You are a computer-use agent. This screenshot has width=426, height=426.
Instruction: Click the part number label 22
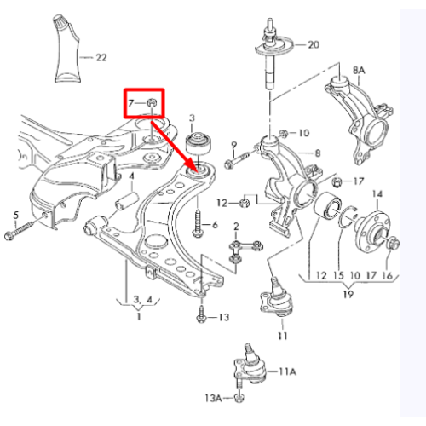pyautogui.click(x=101, y=58)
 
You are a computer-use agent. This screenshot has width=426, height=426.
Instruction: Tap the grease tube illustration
pyautogui.click(x=67, y=49)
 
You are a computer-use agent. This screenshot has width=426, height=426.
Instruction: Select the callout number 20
pyautogui.click(x=314, y=44)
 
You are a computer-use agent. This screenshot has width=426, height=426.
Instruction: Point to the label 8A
pyautogui.click(x=359, y=70)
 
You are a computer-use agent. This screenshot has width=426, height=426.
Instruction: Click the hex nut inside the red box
pyautogui.click(x=152, y=102)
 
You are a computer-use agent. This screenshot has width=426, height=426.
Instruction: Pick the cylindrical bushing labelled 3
pyautogui.click(x=199, y=144)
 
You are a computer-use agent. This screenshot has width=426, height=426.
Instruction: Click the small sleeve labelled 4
pyautogui.click(x=127, y=201)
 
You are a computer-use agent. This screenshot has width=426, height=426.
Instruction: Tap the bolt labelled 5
pyautogui.click(x=25, y=227)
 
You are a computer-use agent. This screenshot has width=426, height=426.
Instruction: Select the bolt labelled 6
pyautogui.click(x=199, y=224)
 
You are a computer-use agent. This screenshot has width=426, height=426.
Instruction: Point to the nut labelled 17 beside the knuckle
pyautogui.click(x=337, y=181)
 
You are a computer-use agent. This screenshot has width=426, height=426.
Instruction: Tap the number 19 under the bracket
pyautogui.click(x=348, y=294)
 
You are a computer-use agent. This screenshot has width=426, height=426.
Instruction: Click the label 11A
pyautogui.click(x=287, y=371)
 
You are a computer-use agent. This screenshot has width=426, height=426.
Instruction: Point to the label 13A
pyautogui.click(x=213, y=398)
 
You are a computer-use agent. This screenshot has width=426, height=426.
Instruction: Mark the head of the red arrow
pyautogui.click(x=193, y=166)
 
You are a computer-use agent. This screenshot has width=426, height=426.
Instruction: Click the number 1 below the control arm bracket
pyautogui.click(x=139, y=316)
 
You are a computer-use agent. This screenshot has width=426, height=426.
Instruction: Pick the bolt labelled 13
pyautogui.click(x=201, y=314)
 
